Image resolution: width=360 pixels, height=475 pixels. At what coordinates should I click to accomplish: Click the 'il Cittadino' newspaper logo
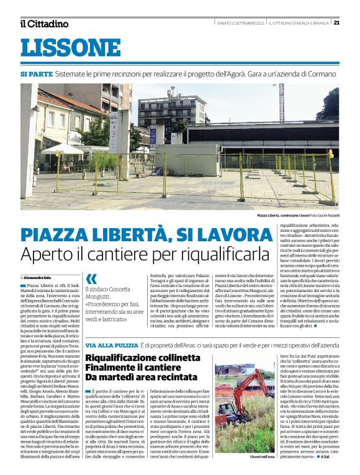[x=44, y=23]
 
